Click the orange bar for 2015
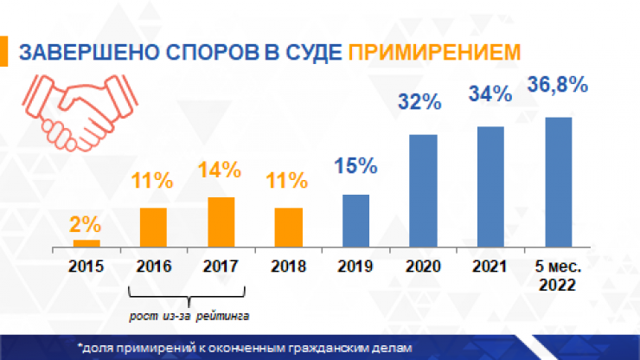(86, 243)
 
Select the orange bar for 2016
(153, 227)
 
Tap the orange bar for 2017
(221, 222)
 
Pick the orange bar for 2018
(288, 227)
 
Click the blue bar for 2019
(355, 220)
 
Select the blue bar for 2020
(423, 190)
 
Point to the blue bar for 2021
(490, 187)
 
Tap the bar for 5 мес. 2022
(558, 182)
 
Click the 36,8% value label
(557, 86)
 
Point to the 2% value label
(86, 222)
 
